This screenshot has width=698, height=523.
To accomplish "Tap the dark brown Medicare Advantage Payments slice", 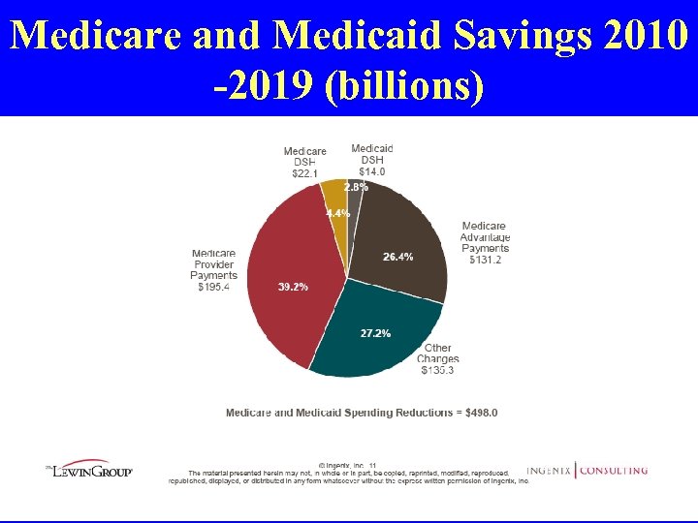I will pos(402,232).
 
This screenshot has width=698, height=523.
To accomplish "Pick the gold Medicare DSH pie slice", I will pos(334,199).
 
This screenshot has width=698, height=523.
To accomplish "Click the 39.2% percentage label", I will pos(293,288).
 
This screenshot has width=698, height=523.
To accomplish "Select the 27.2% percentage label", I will pos(375,333).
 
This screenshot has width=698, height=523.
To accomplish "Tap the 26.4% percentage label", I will pos(397,257).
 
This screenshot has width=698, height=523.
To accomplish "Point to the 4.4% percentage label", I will pos(337,213).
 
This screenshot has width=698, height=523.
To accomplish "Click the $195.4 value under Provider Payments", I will pos(213,287).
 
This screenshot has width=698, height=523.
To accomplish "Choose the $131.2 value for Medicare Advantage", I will pos(486,260).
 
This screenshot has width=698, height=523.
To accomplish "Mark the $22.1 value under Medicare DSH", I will pos(304,173).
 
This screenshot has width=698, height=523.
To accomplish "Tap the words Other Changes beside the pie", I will pos(438,354).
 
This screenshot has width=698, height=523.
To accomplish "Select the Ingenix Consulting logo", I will pos(587,471).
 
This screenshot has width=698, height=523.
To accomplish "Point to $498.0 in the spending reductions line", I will pos(480,413).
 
